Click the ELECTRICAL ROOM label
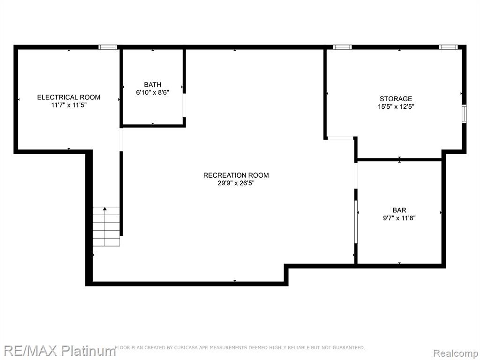pos(68,97)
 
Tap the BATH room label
pos(152,84)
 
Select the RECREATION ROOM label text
pos(236,175)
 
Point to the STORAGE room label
pos(396,99)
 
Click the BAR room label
pos(399,210)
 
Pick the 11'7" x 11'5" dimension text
pos(69,105)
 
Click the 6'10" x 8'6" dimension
pos(152,92)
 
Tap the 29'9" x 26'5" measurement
pos(236,183)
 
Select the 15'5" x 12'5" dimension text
pos(396,107)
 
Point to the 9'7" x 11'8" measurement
pos(399,218)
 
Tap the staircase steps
pos(106,226)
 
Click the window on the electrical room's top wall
pos(108,47)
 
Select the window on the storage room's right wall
pos(464,113)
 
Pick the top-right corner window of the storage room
pos(448,47)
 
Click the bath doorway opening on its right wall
pos(184,105)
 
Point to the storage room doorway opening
pos(340,138)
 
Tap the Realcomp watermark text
pos(456,353)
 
